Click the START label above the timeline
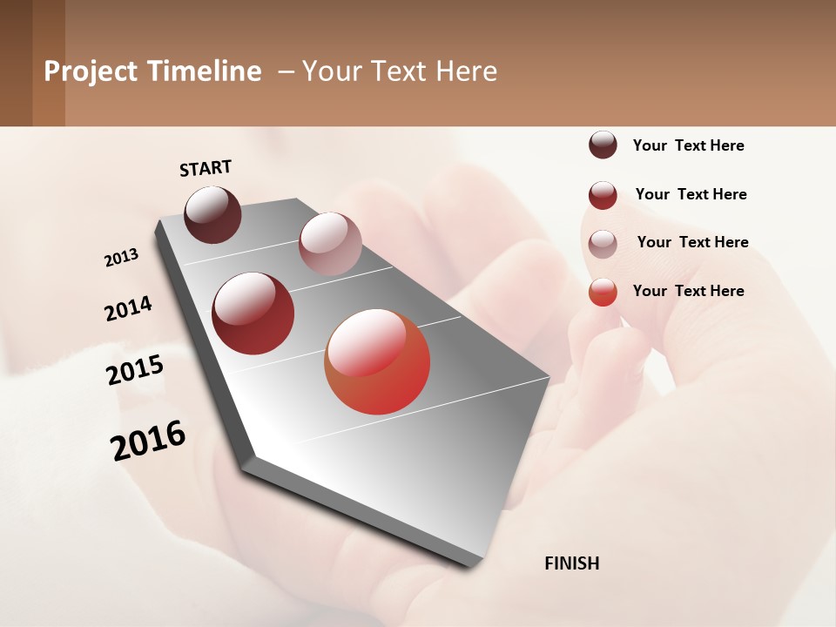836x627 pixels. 206,168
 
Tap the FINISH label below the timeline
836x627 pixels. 571,563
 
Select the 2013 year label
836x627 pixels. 121,258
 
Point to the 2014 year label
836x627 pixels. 128,309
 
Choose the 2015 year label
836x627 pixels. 135,370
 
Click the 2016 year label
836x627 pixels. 148,441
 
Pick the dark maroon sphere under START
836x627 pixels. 212,214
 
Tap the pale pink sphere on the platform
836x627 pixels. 330,244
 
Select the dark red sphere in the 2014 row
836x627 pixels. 253,313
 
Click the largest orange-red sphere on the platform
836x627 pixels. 377,361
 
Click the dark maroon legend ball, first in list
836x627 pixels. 603,145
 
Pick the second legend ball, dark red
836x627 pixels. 603,195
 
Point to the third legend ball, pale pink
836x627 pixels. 603,244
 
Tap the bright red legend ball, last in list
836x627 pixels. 603,292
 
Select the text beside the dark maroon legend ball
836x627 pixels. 688,145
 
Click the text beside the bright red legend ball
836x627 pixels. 688,291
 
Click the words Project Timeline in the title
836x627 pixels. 152,71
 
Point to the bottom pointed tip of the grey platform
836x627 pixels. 475,564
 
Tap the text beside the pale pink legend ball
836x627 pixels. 692,242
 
